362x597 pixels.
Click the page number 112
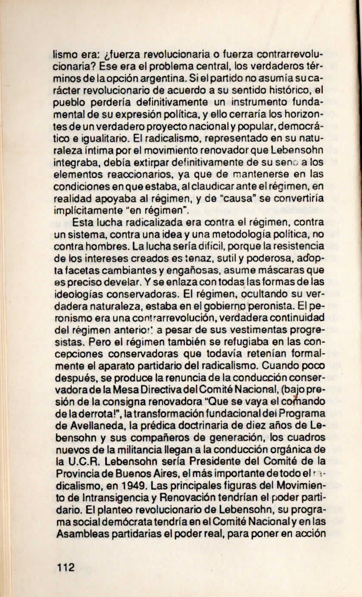point(66,566)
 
